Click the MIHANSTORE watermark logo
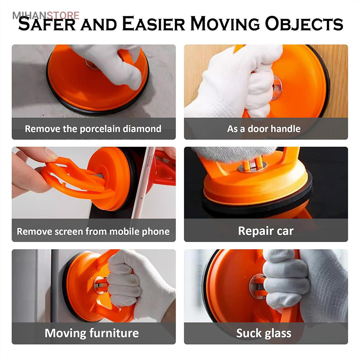pos(46,15)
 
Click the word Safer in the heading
pos(47,24)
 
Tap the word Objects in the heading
pos(304,24)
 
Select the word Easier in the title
pos(154,24)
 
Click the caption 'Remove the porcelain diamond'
pos(93,129)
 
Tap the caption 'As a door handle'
pos(264,129)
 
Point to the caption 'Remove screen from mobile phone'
pos(93,232)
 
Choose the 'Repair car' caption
pos(266,231)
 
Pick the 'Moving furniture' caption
pos(92,333)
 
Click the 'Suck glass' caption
pos(264,333)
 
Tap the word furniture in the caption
pos(114,333)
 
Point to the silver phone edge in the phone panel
pos(144,182)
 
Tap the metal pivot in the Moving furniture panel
pos(100,285)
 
